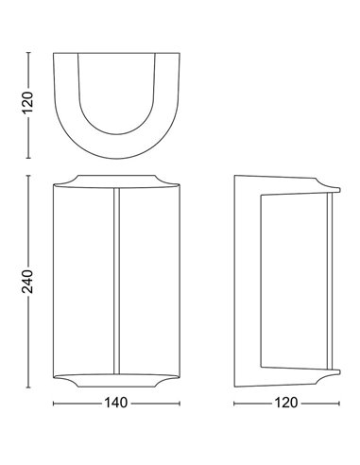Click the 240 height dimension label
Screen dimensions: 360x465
pos(27,282)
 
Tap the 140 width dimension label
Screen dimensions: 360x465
pos(115,403)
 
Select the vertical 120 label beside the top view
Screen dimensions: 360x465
pos(27,102)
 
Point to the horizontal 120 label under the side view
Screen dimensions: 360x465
pos(286,403)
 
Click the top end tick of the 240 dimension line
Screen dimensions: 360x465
pos(28,176)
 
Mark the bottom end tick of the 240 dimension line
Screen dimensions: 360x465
pos(28,387)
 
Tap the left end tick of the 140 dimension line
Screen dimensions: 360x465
pos(54,404)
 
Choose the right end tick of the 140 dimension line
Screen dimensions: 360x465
pos(180,404)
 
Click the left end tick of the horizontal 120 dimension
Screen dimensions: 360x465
pos(234,404)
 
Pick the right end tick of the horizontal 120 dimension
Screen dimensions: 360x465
pos(339,404)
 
